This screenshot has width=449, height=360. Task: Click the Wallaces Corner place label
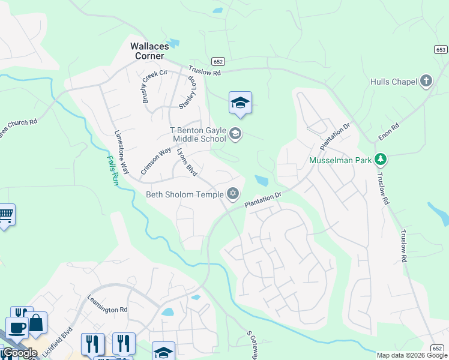click(147, 50)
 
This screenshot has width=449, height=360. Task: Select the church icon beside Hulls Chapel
click(426, 80)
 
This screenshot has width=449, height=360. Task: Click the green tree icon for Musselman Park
click(379, 160)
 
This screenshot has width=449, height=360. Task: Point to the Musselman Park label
click(340, 161)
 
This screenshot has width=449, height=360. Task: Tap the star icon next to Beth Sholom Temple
click(233, 194)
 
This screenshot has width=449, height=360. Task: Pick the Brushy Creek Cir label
click(148, 88)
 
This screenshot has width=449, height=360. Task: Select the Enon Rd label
click(388, 133)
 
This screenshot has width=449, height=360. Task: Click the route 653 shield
click(441, 50)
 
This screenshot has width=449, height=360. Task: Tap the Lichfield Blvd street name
click(58, 342)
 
